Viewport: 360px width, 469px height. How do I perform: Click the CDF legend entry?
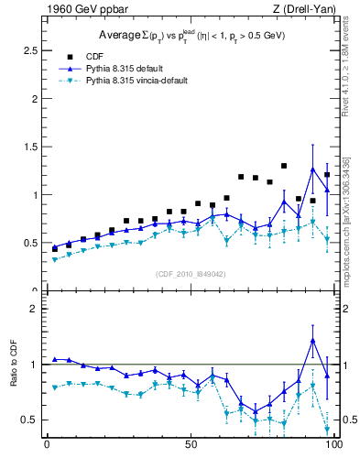pos(95,56)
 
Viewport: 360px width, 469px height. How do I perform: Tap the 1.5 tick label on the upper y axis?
pos(29,147)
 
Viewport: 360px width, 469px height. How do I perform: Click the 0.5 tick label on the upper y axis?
pos(29,243)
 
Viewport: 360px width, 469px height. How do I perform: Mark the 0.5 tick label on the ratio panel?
pos(29,420)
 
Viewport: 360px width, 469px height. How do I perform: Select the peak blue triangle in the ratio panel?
pos(312,341)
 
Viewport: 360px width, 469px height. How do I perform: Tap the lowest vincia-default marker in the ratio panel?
pos(327,429)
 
